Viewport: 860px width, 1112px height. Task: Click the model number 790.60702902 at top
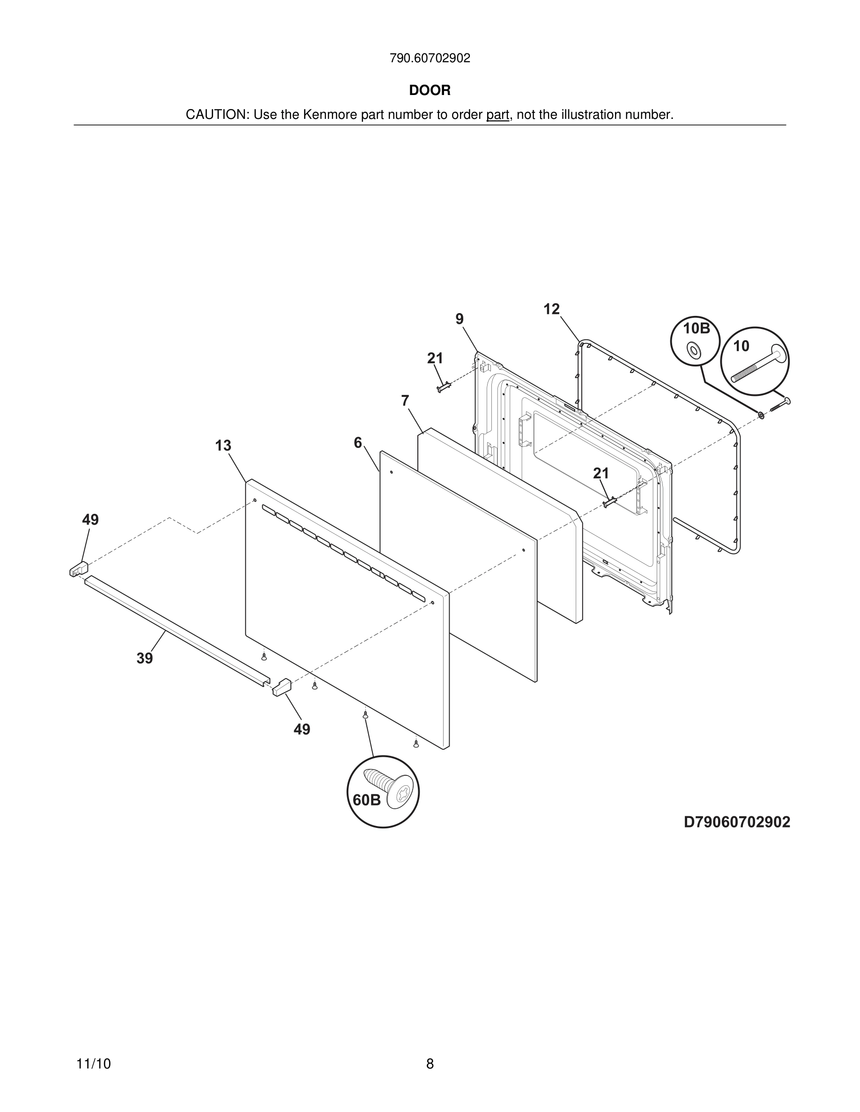coord(430,58)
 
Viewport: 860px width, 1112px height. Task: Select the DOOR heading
coord(430,90)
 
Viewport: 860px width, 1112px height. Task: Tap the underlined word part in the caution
coord(497,115)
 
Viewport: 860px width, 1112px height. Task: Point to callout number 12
coord(551,309)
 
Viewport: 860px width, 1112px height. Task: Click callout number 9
coord(460,319)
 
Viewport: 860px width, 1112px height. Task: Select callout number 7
coord(405,401)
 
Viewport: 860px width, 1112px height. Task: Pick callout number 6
coord(358,443)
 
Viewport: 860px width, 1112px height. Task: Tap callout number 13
coord(223,446)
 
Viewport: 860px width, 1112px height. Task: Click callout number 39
coord(145,658)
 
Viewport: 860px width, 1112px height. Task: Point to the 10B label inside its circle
coord(696,329)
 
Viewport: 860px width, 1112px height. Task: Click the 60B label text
coord(367,800)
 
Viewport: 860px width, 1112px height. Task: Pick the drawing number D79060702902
coord(737,822)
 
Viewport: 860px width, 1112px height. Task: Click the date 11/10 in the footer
coord(93,1064)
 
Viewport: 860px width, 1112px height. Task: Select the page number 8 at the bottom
coord(430,1064)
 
